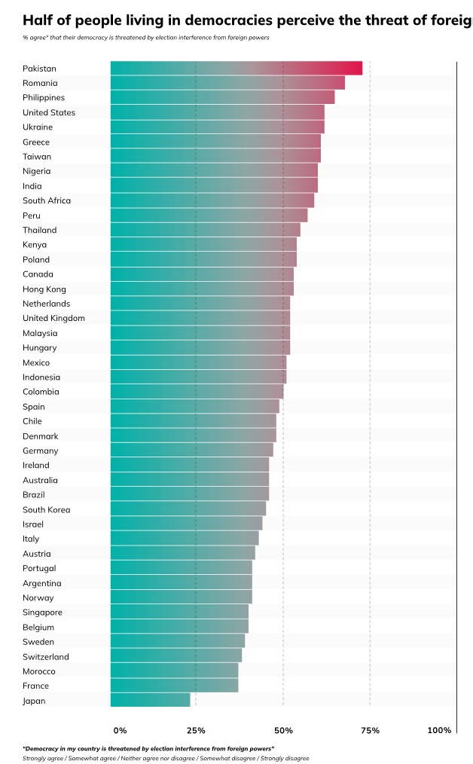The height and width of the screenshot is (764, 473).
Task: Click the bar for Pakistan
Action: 236,69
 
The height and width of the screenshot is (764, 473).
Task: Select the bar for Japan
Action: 151,701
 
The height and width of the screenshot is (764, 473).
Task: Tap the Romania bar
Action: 227,83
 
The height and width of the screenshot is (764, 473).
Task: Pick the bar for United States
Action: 217,112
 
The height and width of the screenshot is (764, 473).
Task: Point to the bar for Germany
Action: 191,451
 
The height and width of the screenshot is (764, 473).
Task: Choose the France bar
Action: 174,686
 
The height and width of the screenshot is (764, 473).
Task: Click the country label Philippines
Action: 44,98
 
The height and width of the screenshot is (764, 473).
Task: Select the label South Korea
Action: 46,510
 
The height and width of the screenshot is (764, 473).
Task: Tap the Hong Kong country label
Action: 44,289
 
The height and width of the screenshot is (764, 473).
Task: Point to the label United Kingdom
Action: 53,319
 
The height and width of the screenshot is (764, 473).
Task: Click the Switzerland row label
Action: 45,657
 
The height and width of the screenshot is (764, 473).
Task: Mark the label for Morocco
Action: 38,671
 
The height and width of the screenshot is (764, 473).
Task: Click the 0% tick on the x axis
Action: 121,731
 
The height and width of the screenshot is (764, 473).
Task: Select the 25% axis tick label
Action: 196,731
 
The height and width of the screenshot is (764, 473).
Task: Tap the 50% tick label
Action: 283,731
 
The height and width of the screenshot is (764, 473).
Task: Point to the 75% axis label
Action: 370,731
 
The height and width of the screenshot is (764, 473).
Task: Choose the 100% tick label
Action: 439,731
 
